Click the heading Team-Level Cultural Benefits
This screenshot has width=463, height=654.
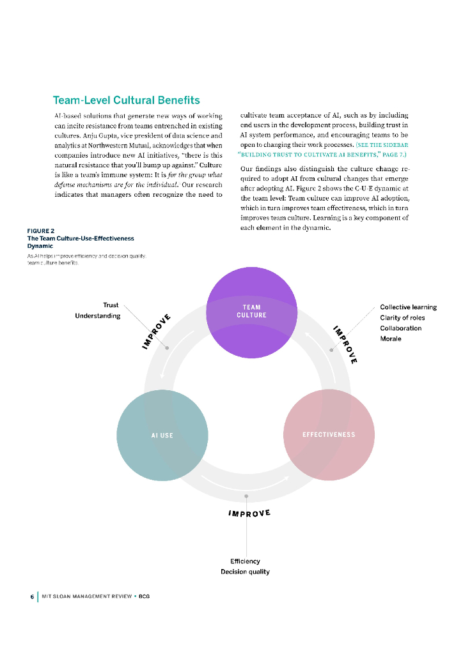click(126, 100)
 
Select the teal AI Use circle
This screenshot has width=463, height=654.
click(162, 435)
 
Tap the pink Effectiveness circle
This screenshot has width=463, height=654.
click(328, 435)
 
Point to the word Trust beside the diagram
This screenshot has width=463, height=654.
click(111, 305)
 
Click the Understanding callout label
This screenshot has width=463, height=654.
click(97, 316)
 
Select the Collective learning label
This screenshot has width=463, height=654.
click(408, 307)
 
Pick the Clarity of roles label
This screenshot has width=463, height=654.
click(402, 317)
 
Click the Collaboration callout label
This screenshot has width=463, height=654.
click(401, 328)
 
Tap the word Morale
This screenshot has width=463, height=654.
click(391, 338)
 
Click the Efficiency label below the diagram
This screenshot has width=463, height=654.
click(245, 561)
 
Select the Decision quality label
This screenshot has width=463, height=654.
click(245, 572)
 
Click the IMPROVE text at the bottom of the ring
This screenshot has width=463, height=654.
click(249, 513)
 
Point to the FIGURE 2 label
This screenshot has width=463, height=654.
click(40, 231)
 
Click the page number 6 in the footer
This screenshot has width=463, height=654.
click(32, 597)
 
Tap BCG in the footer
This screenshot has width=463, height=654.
click(144, 597)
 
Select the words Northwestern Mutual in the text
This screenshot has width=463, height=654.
click(116, 145)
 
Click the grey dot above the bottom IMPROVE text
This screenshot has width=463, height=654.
click(246, 496)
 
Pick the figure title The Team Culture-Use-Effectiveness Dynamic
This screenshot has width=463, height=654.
click(80, 241)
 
